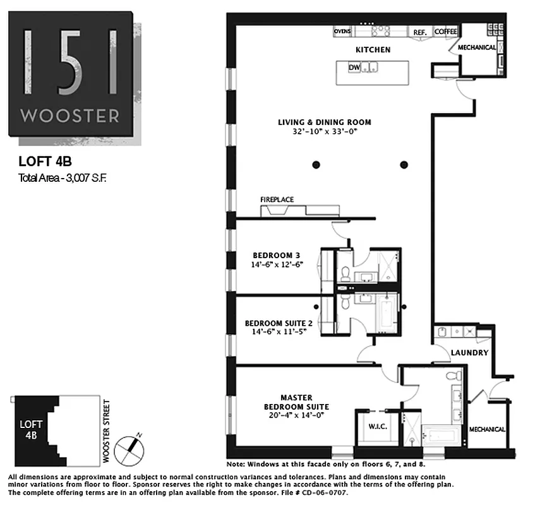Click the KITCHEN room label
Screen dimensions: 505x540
click(373, 50)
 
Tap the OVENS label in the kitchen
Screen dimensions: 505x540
click(342, 31)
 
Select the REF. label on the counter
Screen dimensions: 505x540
click(420, 32)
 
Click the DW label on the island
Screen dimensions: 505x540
click(354, 68)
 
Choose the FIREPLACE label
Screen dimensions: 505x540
click(277, 199)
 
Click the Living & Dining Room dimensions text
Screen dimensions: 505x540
click(325, 133)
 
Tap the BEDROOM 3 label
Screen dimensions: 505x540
click(272, 256)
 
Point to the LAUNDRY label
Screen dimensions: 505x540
click(470, 353)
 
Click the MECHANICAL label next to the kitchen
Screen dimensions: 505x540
click(477, 47)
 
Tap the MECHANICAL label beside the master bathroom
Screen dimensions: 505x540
click(486, 430)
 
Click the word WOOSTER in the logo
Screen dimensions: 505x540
click(69, 116)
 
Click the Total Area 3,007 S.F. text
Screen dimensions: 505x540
click(63, 178)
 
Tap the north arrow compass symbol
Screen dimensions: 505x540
click(134, 447)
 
